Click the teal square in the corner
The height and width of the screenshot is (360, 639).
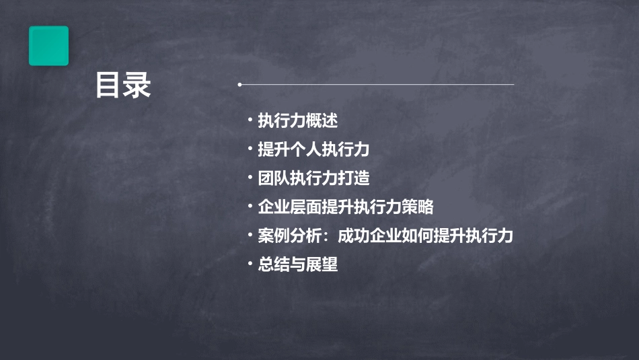[x=48, y=46]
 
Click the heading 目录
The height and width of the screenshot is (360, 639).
[x=123, y=86]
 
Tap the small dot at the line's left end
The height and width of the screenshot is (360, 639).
[x=239, y=85]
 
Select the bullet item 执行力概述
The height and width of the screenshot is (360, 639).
[x=297, y=121]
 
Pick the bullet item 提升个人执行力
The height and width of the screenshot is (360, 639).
[x=313, y=149]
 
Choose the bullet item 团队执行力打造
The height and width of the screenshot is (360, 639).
[x=313, y=178]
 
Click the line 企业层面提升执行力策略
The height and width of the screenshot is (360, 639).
[x=346, y=207]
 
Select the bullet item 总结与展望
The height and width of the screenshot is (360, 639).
[x=297, y=264]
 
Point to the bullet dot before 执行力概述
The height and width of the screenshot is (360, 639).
[x=250, y=121]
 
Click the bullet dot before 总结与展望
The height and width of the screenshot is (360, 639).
[x=250, y=264]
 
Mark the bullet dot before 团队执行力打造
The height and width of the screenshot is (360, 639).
[x=250, y=178]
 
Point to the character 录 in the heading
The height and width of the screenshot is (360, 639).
[x=138, y=86]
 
